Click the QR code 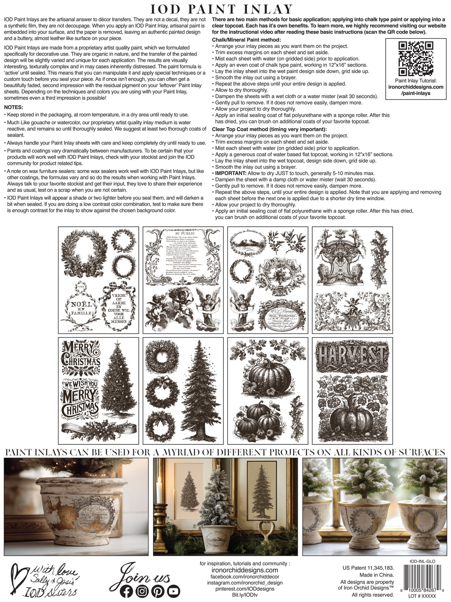[x=416, y=58]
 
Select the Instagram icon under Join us [x=142, y=591]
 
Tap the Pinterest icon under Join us [x=158, y=591]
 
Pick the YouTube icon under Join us [x=173, y=591]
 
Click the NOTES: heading [x=14, y=107]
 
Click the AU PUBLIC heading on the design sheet [x=185, y=233]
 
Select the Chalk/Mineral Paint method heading [x=246, y=40]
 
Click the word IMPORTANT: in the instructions [x=231, y=173]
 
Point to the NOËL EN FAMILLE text [x=81, y=308]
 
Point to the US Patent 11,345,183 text [x=368, y=568]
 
